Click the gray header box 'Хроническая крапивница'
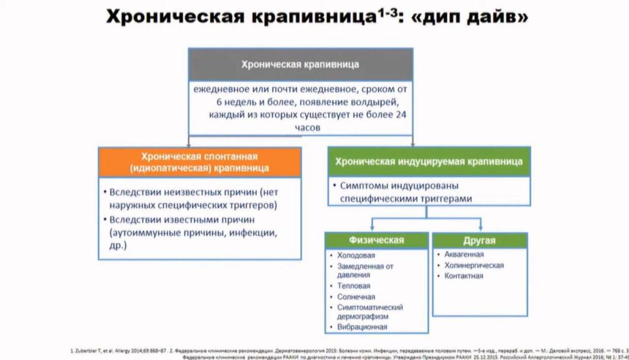pyautogui.click(x=300, y=64)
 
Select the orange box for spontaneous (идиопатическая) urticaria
pyautogui.click(x=200, y=161)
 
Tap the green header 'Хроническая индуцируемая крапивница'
pyautogui.click(x=429, y=161)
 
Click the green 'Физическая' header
pyautogui.click(x=376, y=241)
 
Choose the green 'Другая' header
pyautogui.click(x=479, y=241)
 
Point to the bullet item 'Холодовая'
pyautogui.click(x=356, y=256)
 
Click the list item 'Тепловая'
pyautogui.click(x=354, y=286)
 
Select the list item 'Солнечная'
pyautogui.click(x=356, y=297)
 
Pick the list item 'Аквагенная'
pyautogui.click(x=464, y=254)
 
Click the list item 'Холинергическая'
pyautogui.click(x=474, y=265)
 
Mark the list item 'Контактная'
pyautogui.click(x=463, y=276)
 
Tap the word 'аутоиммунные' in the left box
pyautogui.click(x=140, y=232)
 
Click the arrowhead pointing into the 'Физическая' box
pyautogui.click(x=372, y=229)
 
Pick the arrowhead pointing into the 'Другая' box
pyautogui.click(x=481, y=229)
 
